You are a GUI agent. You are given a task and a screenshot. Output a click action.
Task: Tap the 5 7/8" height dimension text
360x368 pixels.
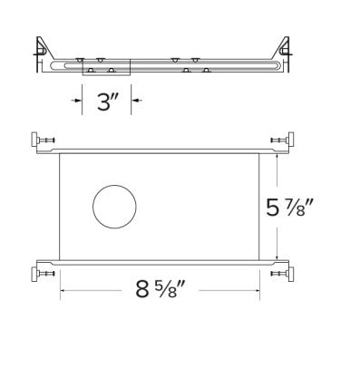point(288,207)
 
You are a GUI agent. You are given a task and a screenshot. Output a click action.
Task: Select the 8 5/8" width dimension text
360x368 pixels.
point(161,289)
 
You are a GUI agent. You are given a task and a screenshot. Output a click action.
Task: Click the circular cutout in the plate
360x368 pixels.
point(114,207)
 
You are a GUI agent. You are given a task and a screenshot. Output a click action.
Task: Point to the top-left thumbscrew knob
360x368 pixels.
point(34,140)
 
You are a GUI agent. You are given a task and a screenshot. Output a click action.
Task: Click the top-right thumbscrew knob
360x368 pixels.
point(291,140)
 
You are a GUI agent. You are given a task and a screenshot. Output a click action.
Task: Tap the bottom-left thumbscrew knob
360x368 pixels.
point(34,274)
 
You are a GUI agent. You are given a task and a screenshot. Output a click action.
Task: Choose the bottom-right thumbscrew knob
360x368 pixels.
point(291,274)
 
